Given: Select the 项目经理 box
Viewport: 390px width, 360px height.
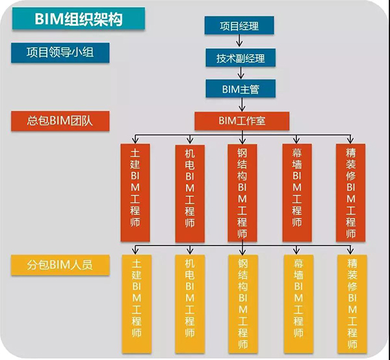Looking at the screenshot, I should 239,25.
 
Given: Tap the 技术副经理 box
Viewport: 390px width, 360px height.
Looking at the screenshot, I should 240,58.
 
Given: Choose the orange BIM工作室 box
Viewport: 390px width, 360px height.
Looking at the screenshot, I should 241,120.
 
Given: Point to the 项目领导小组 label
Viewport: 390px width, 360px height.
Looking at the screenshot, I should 60,52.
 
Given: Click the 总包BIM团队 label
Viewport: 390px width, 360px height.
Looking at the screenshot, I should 60,120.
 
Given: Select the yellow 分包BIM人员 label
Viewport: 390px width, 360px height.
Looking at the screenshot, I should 60,265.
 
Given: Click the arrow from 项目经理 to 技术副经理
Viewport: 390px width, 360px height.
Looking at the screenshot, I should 240,42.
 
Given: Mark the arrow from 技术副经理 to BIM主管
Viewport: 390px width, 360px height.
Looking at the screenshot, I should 240,73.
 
